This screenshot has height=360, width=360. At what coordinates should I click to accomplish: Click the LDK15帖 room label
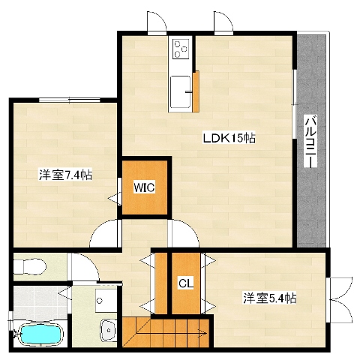(229, 138)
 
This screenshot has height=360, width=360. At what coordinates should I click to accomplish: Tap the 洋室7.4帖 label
(65, 175)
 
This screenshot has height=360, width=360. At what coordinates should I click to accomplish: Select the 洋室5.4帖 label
(270, 298)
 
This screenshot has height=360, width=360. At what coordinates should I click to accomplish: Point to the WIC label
(144, 187)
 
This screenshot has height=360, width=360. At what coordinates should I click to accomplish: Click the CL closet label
(186, 283)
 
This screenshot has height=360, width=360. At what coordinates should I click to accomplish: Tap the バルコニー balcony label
(310, 141)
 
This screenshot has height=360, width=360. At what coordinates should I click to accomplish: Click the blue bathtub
(40, 334)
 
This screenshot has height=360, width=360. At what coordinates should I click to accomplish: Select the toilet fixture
(29, 266)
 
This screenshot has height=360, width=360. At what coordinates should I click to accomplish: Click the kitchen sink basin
(180, 91)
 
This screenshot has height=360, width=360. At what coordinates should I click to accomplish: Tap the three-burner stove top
(181, 49)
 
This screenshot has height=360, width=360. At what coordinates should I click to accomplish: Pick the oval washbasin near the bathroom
(108, 330)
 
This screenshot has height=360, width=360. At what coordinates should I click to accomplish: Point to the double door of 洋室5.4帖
(340, 299)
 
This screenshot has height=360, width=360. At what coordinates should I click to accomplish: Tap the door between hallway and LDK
(183, 233)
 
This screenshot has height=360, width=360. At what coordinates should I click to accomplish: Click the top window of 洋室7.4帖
(70, 100)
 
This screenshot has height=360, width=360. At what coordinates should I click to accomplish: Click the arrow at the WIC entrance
(113, 199)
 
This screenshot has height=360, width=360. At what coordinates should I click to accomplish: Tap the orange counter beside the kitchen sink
(196, 91)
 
